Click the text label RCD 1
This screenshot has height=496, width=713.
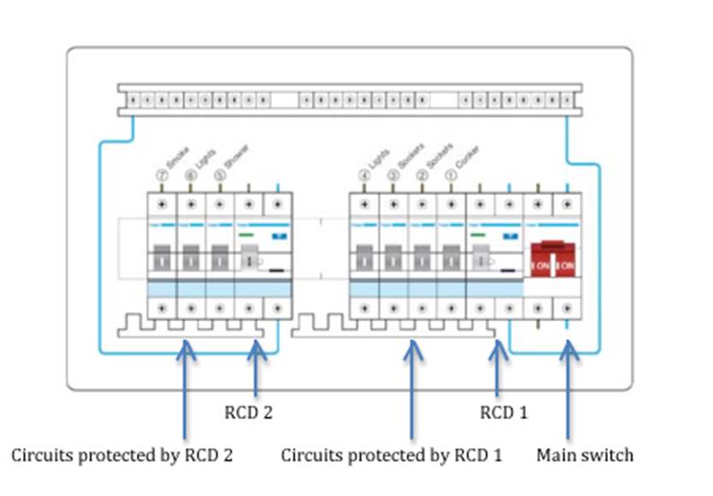click(x=503, y=412)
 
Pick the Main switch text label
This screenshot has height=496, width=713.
click(x=585, y=454)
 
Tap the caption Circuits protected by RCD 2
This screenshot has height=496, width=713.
click(x=122, y=454)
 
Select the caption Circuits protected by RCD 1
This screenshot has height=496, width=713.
click(x=392, y=454)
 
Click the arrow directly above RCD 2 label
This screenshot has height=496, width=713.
click(x=254, y=368)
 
